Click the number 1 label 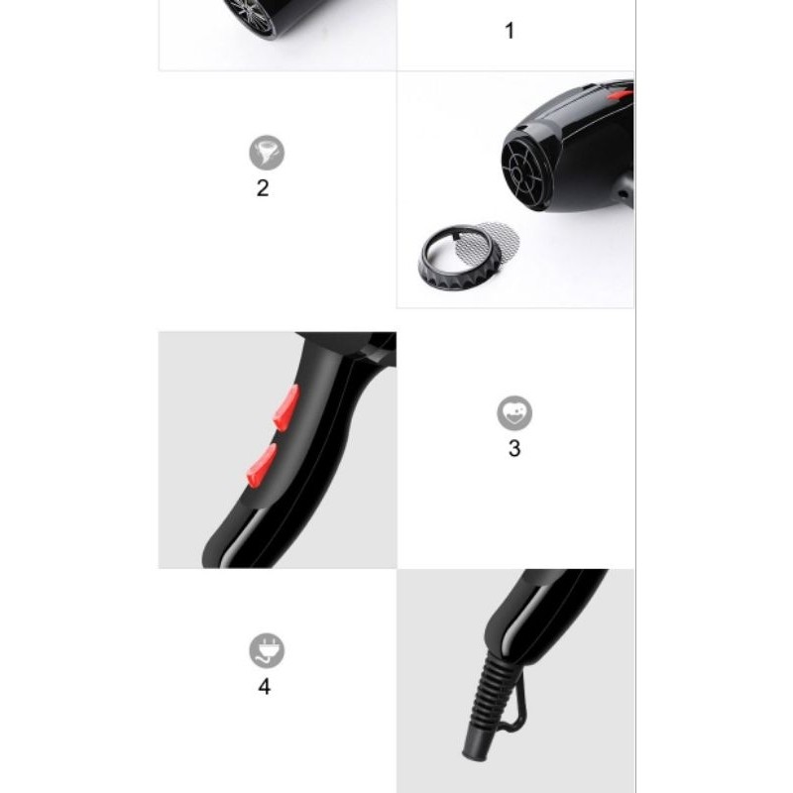(x=510, y=31)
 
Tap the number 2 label (x=263, y=188)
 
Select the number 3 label (x=513, y=448)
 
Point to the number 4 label (x=265, y=685)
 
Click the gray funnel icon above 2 (x=266, y=153)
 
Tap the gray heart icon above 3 (x=514, y=412)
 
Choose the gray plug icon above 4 (x=266, y=650)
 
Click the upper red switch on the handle (x=286, y=407)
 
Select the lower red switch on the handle (x=261, y=465)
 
